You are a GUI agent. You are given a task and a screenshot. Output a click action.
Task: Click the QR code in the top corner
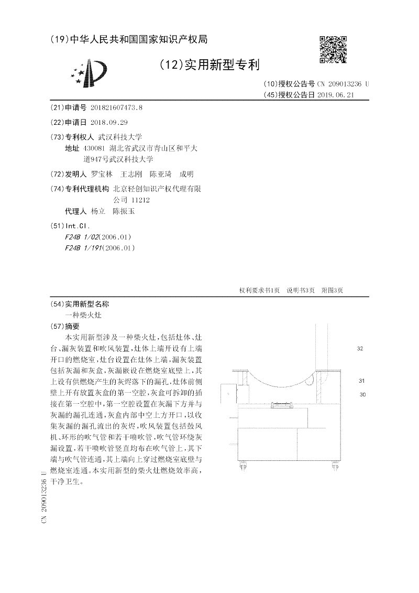pos(333,49)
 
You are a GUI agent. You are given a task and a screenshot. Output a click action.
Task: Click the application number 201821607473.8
pos(116,107)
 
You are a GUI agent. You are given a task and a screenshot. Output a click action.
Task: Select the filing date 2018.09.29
pos(109,122)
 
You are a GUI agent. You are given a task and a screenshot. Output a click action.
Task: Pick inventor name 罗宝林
pos(102,174)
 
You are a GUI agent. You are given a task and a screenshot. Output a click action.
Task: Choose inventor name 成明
pos(186,174)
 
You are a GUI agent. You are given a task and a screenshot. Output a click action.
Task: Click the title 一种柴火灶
pos(83,315)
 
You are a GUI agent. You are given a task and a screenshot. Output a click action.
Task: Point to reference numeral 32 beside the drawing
pos(360,348)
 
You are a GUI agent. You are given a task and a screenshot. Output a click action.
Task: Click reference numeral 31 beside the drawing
pos(361,381)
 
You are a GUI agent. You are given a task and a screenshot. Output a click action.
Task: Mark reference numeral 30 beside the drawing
pos(362,394)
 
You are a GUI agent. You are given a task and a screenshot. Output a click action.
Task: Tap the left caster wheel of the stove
pos(244,466)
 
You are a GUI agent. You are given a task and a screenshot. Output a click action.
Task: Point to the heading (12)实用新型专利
pos(210,64)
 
